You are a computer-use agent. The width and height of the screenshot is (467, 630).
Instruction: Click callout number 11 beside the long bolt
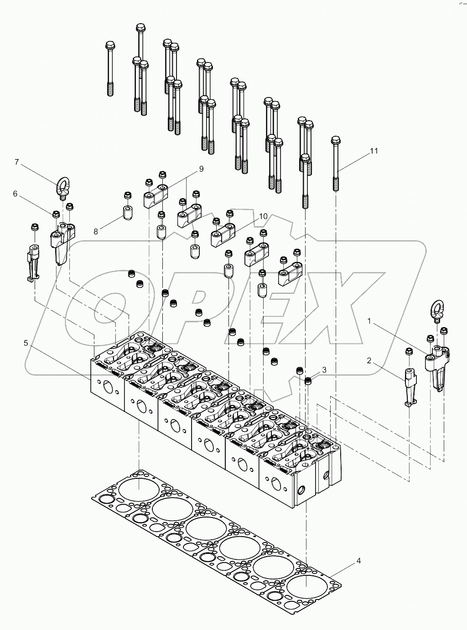coord(374,152)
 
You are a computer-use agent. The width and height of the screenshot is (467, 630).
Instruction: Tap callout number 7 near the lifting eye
coord(17,162)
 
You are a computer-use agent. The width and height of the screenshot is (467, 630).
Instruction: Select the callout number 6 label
coord(15,194)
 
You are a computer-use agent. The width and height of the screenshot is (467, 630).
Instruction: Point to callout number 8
coord(96,231)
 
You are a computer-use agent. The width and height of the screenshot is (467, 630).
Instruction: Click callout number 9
coord(201,169)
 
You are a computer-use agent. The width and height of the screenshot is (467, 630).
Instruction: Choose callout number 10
coord(263,216)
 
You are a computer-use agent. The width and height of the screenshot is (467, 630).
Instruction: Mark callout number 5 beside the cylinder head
coord(26,343)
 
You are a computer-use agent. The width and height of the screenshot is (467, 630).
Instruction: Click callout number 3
coord(324,370)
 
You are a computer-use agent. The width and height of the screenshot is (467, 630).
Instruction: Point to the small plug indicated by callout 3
coord(308,380)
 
